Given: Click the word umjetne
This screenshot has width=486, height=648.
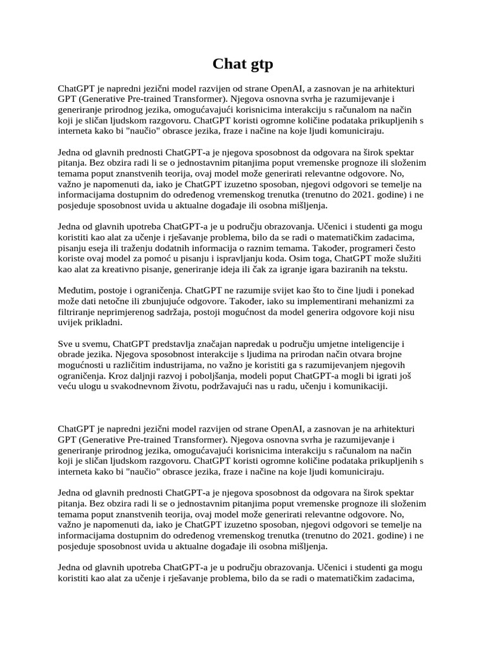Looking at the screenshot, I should point(311,343).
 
